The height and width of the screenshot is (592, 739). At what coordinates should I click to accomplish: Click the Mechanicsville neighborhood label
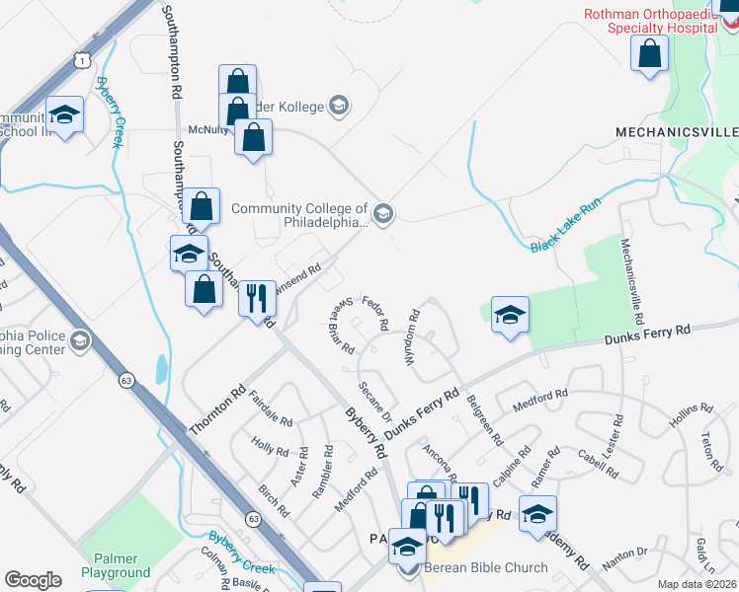click(x=676, y=131)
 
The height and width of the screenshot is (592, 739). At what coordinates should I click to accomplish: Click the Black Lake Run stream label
click(x=565, y=235)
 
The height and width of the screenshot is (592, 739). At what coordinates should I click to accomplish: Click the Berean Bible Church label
click(x=485, y=567)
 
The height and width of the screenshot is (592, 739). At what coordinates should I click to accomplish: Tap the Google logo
click(x=33, y=580)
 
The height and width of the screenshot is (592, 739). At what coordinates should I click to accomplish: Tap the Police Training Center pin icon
click(x=80, y=342)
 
